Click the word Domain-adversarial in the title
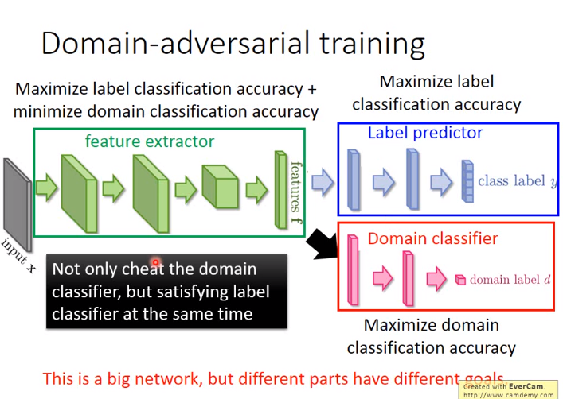[x=175, y=43]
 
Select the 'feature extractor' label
[x=150, y=141]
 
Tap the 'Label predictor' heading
[x=425, y=133]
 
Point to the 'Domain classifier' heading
[x=432, y=238]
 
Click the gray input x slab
[x=17, y=204]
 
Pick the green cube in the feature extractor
[x=220, y=187]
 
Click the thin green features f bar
[x=281, y=190]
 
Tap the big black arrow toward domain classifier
[x=322, y=244]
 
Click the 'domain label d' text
[x=510, y=279]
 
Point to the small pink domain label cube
[x=460, y=280]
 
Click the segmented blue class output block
[x=467, y=181]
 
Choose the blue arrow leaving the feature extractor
[x=323, y=182]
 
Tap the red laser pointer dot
[x=156, y=262]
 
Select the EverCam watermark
[x=508, y=390]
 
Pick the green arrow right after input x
[x=46, y=187]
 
